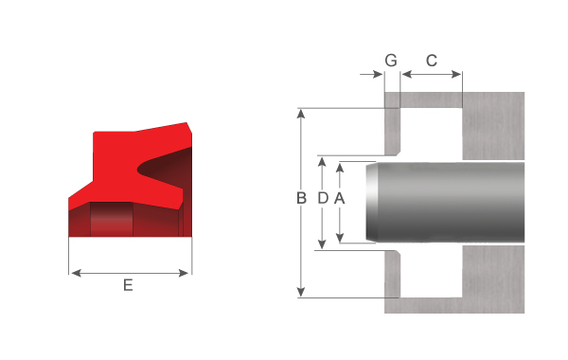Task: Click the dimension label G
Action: pos(391,61)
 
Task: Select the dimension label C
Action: pos(431,61)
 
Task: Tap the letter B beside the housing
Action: pos(301,198)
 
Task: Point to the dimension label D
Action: pos(323,198)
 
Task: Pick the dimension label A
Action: pos(340,198)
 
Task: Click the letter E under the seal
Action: pos(128,285)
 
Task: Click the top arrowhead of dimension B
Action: pos(301,114)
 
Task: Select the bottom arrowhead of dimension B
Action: pos(301,292)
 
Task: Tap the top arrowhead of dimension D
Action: pos(322,162)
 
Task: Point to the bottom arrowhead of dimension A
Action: pos(340,238)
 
